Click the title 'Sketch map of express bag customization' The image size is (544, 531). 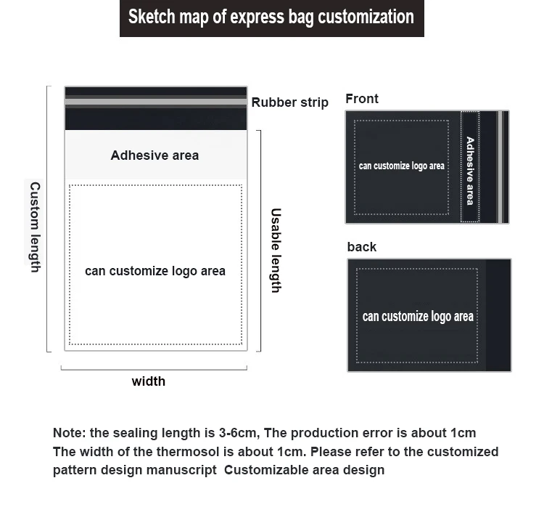coord(271,17)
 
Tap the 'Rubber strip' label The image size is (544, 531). coord(289,102)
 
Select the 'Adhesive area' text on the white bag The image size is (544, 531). coord(154,155)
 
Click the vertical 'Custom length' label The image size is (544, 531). coord(34,227)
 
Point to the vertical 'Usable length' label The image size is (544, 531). coord(276,251)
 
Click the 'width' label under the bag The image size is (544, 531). coord(148,381)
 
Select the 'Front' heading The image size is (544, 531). coord(362,99)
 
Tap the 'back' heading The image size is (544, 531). coord(361,247)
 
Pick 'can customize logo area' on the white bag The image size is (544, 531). coord(155,271)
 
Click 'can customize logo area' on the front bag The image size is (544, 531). coord(401,166)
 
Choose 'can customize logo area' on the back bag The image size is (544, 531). coord(418,317)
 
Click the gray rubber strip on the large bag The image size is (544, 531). coord(156,102)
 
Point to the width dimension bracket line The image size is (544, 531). coord(154,369)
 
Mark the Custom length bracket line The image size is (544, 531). coord(48,218)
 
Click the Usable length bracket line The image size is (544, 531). coord(260,240)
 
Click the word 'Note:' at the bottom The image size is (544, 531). coord(69,433)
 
